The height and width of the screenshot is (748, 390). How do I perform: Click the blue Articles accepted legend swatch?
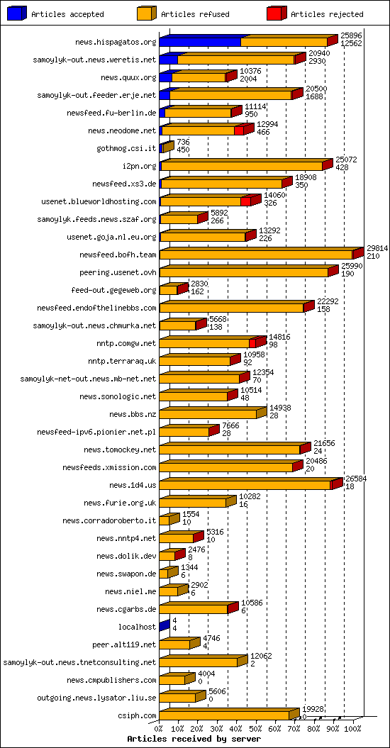18,13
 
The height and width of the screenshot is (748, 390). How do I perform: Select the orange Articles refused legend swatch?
147,13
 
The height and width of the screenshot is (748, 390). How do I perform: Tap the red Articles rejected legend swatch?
277,13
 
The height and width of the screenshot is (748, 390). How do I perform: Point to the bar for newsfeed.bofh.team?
256,255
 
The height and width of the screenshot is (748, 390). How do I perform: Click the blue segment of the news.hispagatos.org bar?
200,43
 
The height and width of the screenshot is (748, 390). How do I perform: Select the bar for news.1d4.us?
245,485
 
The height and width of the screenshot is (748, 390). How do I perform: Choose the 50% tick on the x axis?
256,728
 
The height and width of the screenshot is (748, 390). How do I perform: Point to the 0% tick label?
159,728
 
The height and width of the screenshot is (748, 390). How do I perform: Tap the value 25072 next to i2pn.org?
346,160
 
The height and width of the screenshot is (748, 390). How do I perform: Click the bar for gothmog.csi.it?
167,148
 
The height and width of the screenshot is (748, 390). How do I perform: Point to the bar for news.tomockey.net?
230,450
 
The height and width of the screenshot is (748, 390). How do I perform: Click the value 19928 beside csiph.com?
313,709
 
